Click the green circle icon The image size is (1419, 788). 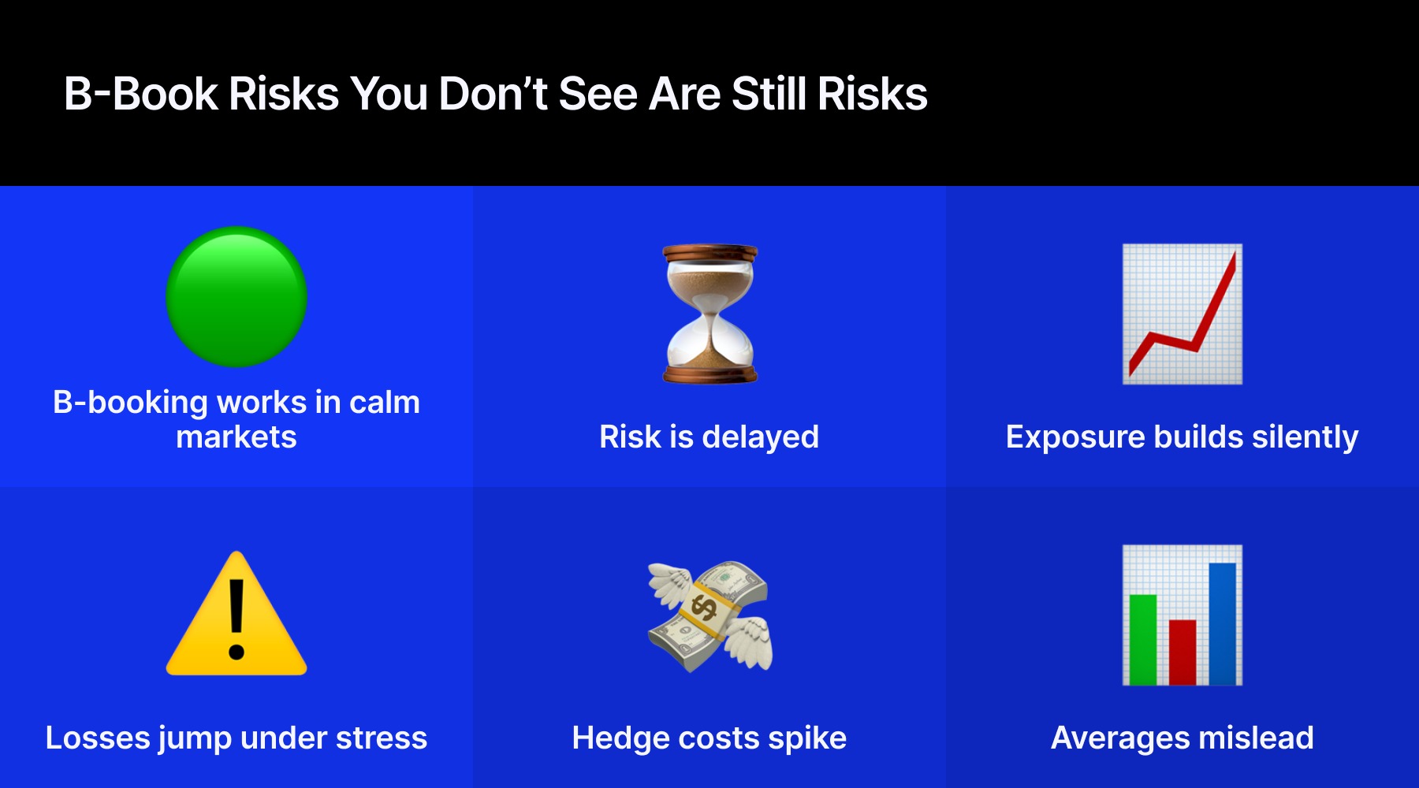click(x=236, y=297)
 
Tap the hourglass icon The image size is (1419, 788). click(x=709, y=314)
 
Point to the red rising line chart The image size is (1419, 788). click(x=1182, y=314)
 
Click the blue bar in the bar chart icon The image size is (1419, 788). click(x=1222, y=623)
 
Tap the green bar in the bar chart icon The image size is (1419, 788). click(x=1143, y=639)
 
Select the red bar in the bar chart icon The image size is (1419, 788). click(x=1182, y=652)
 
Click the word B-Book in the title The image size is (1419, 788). click(x=140, y=94)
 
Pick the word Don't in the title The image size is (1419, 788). click(x=492, y=94)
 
